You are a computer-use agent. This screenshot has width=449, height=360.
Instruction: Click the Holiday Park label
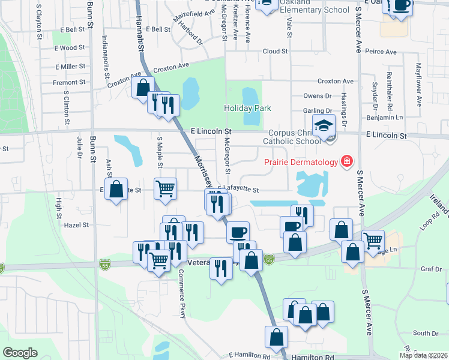(247, 109)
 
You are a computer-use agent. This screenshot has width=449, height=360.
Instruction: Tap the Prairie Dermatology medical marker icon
(346, 161)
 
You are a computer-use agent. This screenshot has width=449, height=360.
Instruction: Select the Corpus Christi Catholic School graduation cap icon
(325, 125)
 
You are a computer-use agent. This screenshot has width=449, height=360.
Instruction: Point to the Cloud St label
(275, 52)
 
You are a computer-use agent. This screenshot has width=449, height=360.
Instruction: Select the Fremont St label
(65, 83)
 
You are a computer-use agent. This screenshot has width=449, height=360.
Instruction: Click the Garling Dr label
(318, 111)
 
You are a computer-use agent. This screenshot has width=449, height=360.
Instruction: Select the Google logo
(20, 353)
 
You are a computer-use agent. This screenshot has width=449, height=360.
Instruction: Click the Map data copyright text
(423, 355)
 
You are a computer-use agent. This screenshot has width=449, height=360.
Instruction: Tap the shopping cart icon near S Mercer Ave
(373, 240)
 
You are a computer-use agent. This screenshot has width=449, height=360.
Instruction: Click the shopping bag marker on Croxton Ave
(142, 88)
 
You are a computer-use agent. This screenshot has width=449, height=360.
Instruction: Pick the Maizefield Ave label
(194, 20)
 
